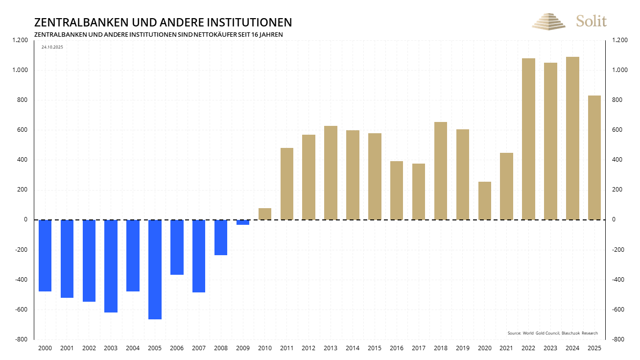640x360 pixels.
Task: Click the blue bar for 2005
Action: coord(155,269)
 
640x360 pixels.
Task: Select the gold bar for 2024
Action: coord(572,138)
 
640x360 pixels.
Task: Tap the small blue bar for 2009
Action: coord(243,222)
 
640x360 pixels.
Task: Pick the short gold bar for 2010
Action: coord(265,214)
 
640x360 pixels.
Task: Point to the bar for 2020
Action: coord(485,201)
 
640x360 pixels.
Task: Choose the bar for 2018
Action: coord(441,171)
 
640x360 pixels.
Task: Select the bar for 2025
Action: coord(594,158)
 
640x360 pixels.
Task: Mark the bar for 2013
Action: coord(331,173)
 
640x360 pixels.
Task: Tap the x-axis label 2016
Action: coord(397,348)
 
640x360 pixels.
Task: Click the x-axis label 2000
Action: coord(45,348)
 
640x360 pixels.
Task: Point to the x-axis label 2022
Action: coord(528,348)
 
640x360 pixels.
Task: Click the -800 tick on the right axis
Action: coord(618,339)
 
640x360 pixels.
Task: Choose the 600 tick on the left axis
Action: coord(23,130)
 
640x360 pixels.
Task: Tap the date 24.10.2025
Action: coord(52,47)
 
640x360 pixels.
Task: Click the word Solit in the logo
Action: coord(591,21)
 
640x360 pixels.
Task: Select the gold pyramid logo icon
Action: coord(548,22)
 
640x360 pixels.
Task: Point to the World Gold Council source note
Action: coord(552,333)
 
